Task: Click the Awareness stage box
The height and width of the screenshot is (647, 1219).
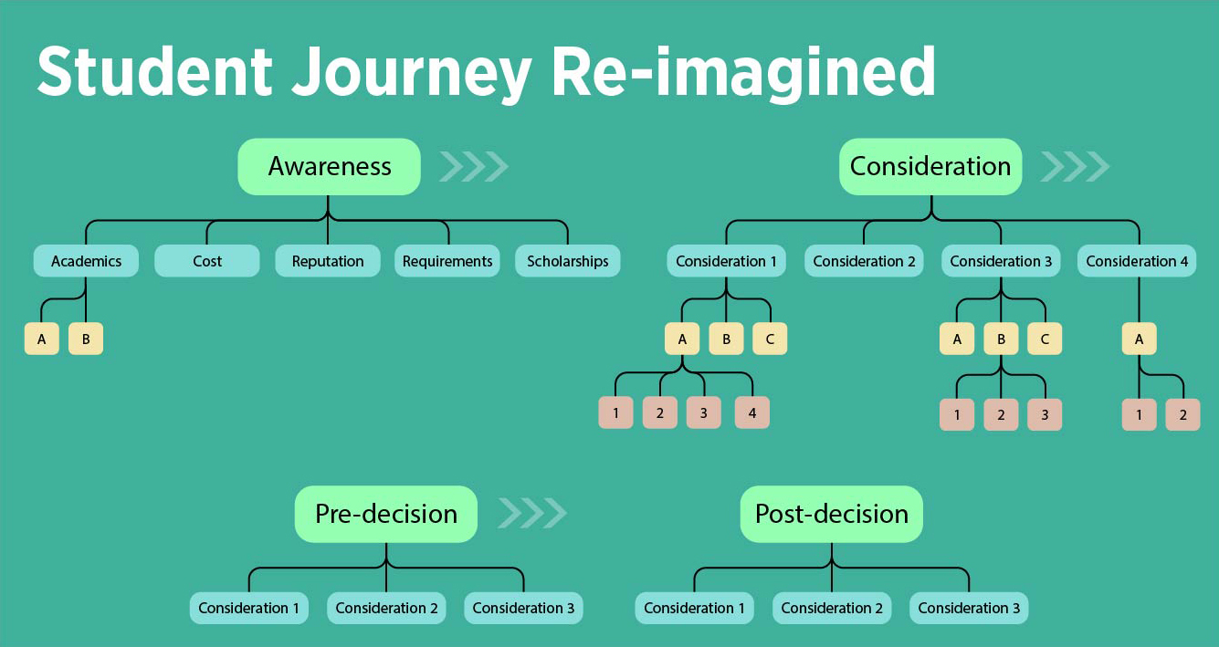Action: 329,167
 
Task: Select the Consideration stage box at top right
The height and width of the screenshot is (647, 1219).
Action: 930,167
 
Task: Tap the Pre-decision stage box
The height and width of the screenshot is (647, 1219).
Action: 385,514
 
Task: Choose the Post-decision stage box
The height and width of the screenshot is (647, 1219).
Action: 831,514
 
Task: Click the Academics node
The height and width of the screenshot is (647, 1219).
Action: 86,261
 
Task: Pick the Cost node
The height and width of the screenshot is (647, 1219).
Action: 207,261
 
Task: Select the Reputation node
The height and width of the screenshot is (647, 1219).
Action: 328,261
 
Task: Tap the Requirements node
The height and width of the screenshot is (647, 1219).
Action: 447,261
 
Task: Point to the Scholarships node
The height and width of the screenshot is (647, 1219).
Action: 567,261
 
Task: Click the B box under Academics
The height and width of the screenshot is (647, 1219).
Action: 86,339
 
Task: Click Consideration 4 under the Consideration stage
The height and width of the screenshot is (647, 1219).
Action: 1137,261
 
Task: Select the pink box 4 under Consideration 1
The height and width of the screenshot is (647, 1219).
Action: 751,412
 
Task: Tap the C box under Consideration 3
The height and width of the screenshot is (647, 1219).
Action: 1045,339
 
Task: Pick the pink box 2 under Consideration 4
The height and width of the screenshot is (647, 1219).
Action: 1182,414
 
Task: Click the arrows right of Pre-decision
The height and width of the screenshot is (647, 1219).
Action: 531,514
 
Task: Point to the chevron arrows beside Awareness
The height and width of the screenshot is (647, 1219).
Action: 473,167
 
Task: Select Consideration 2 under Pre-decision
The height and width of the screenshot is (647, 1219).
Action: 386,608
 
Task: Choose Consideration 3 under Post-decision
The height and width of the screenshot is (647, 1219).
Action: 969,608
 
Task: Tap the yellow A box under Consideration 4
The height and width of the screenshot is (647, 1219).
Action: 1139,339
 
